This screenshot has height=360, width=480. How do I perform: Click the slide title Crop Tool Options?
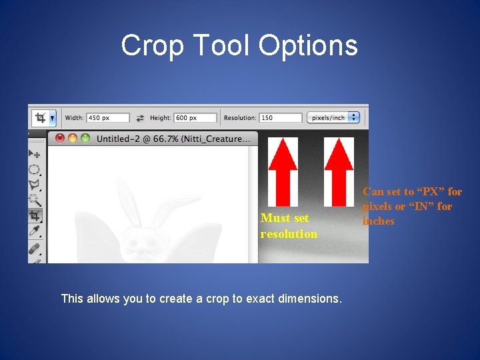239,45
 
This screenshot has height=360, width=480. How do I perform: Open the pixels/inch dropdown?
334,118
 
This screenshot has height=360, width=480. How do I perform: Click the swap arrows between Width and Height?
140,118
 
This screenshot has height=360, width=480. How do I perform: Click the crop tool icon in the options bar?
41,118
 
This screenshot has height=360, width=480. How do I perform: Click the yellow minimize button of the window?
72,139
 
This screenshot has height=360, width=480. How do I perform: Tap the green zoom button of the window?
85,139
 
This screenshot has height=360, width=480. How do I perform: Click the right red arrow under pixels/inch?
338,171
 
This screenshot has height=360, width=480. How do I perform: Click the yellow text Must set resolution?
289,225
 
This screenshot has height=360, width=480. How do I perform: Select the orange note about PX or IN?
412,206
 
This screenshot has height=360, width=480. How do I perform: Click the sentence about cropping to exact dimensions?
201,299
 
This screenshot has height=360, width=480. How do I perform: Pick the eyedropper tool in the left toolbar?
35,231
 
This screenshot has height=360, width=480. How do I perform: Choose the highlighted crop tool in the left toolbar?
35,215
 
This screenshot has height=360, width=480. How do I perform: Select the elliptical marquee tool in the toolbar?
35,169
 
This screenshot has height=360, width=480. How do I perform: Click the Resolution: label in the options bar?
239,118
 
